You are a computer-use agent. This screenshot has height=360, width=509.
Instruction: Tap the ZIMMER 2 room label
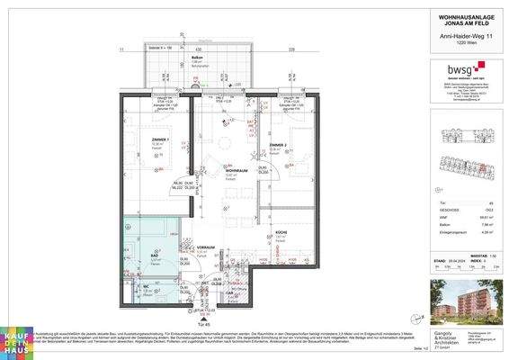click(x=278, y=144)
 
